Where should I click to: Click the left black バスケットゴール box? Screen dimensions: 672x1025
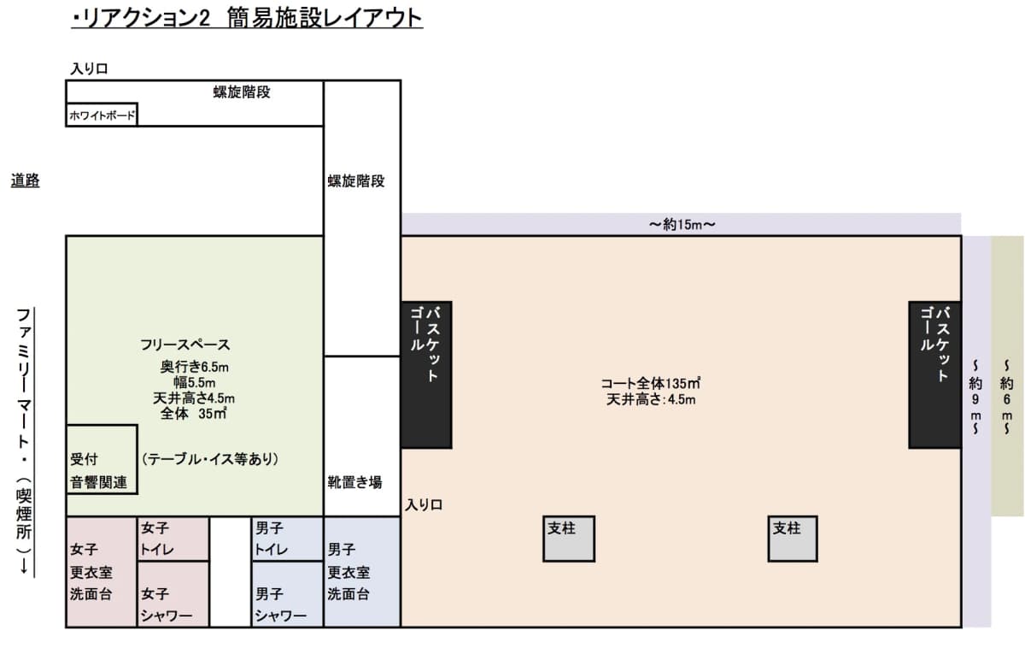click(x=426, y=374)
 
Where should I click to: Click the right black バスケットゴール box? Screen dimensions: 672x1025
click(x=934, y=374)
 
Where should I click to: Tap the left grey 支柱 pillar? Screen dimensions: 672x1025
click(x=568, y=538)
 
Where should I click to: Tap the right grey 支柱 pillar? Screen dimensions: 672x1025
click(x=793, y=538)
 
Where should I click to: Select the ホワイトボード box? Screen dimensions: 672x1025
click(x=101, y=115)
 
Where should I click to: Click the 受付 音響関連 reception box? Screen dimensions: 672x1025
click(x=102, y=459)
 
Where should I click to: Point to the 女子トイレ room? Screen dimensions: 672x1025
click(x=173, y=539)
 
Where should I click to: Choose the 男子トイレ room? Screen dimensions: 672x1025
click(x=287, y=539)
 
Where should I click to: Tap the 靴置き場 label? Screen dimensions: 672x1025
click(x=355, y=481)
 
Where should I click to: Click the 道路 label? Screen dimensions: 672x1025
click(x=25, y=180)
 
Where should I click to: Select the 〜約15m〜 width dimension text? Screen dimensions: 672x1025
click(x=681, y=225)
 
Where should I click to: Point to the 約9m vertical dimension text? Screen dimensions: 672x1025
click(x=975, y=398)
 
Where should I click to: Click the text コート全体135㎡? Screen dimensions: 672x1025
click(x=650, y=383)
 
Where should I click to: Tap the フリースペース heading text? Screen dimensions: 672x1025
click(x=185, y=345)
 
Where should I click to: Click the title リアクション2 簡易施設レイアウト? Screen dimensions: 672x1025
click(x=247, y=18)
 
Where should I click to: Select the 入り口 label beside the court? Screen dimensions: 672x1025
click(x=424, y=505)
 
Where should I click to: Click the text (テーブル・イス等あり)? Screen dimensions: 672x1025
click(x=210, y=459)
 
